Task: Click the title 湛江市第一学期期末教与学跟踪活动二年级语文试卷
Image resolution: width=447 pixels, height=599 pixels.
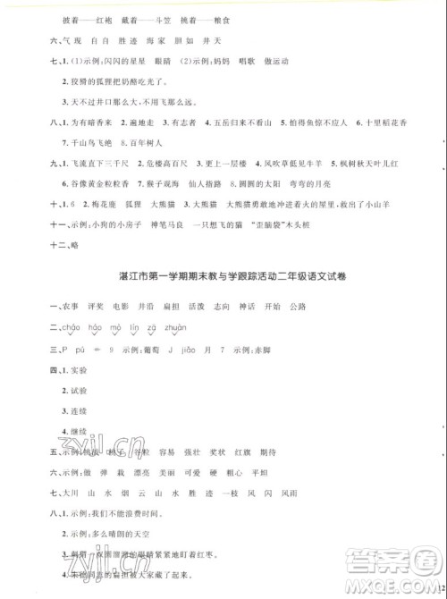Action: [x=235, y=276]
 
